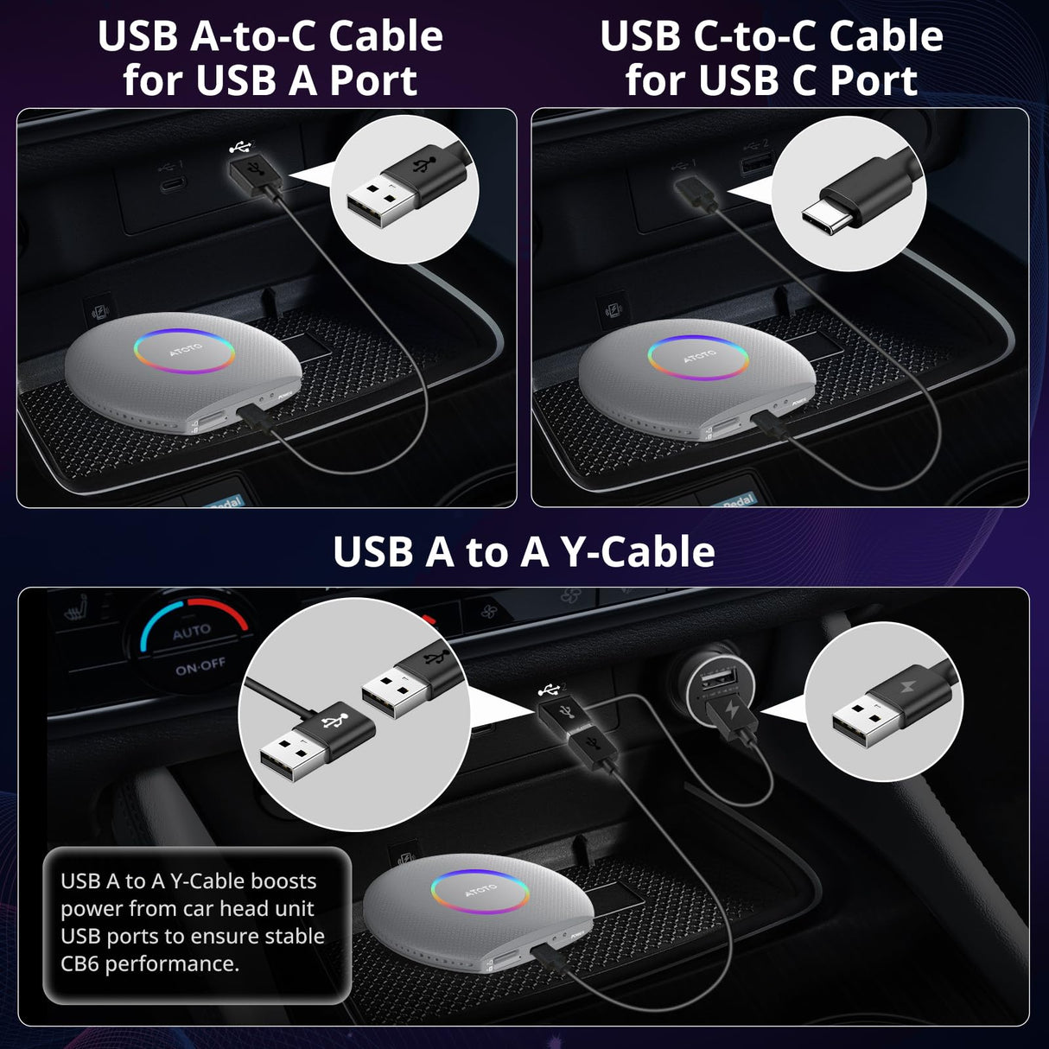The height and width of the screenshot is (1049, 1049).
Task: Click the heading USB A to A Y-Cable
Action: tap(524, 552)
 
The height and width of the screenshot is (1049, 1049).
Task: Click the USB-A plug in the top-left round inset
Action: tap(380, 202)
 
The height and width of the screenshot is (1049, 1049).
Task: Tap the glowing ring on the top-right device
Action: tap(698, 357)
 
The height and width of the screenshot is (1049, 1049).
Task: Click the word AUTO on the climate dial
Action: tap(191, 633)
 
